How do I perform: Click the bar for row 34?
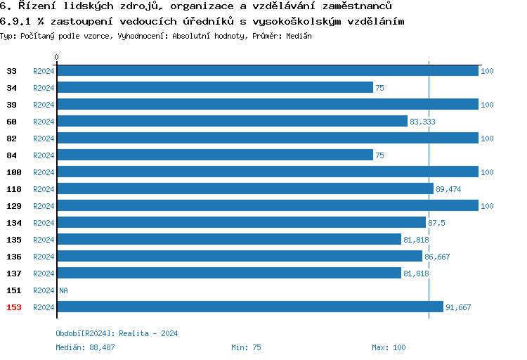214,88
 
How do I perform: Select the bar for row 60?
232,122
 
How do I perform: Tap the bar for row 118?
245,189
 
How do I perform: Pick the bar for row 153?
249,307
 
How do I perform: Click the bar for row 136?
239,257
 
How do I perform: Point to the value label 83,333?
422,122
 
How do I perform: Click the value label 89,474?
448,189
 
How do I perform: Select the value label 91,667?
458,307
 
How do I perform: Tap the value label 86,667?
437,257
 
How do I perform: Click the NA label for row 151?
63,290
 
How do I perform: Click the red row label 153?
13,307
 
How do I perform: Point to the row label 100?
13,172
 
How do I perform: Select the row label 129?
13,206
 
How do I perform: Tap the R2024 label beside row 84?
44,155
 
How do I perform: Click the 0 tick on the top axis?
57,57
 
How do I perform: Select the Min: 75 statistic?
246,347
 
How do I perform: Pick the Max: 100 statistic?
389,347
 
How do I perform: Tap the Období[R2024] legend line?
117,333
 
